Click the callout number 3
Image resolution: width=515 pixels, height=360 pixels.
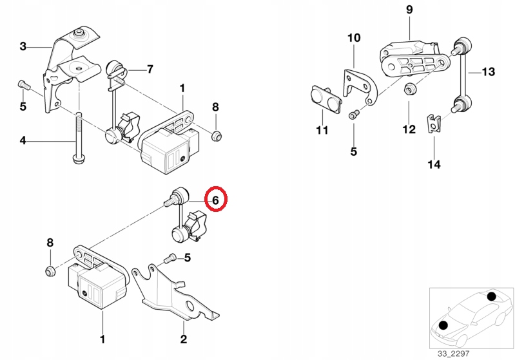tap(23, 46)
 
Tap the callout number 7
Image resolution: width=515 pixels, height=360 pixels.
tap(150, 69)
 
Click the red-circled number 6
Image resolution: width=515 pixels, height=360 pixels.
tap(216, 200)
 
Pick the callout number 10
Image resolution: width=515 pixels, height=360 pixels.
tap(354, 38)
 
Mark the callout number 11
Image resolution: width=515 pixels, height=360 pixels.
tap(322, 131)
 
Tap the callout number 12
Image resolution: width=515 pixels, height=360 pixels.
tap(409, 130)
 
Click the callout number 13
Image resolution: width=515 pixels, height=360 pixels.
tap(488, 71)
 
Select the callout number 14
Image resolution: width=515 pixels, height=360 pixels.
tap(434, 164)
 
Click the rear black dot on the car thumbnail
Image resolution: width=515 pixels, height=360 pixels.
tap(491, 297)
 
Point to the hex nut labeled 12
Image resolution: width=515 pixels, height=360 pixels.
tap(409, 90)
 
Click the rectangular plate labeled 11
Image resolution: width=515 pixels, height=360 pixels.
tap(325, 97)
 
